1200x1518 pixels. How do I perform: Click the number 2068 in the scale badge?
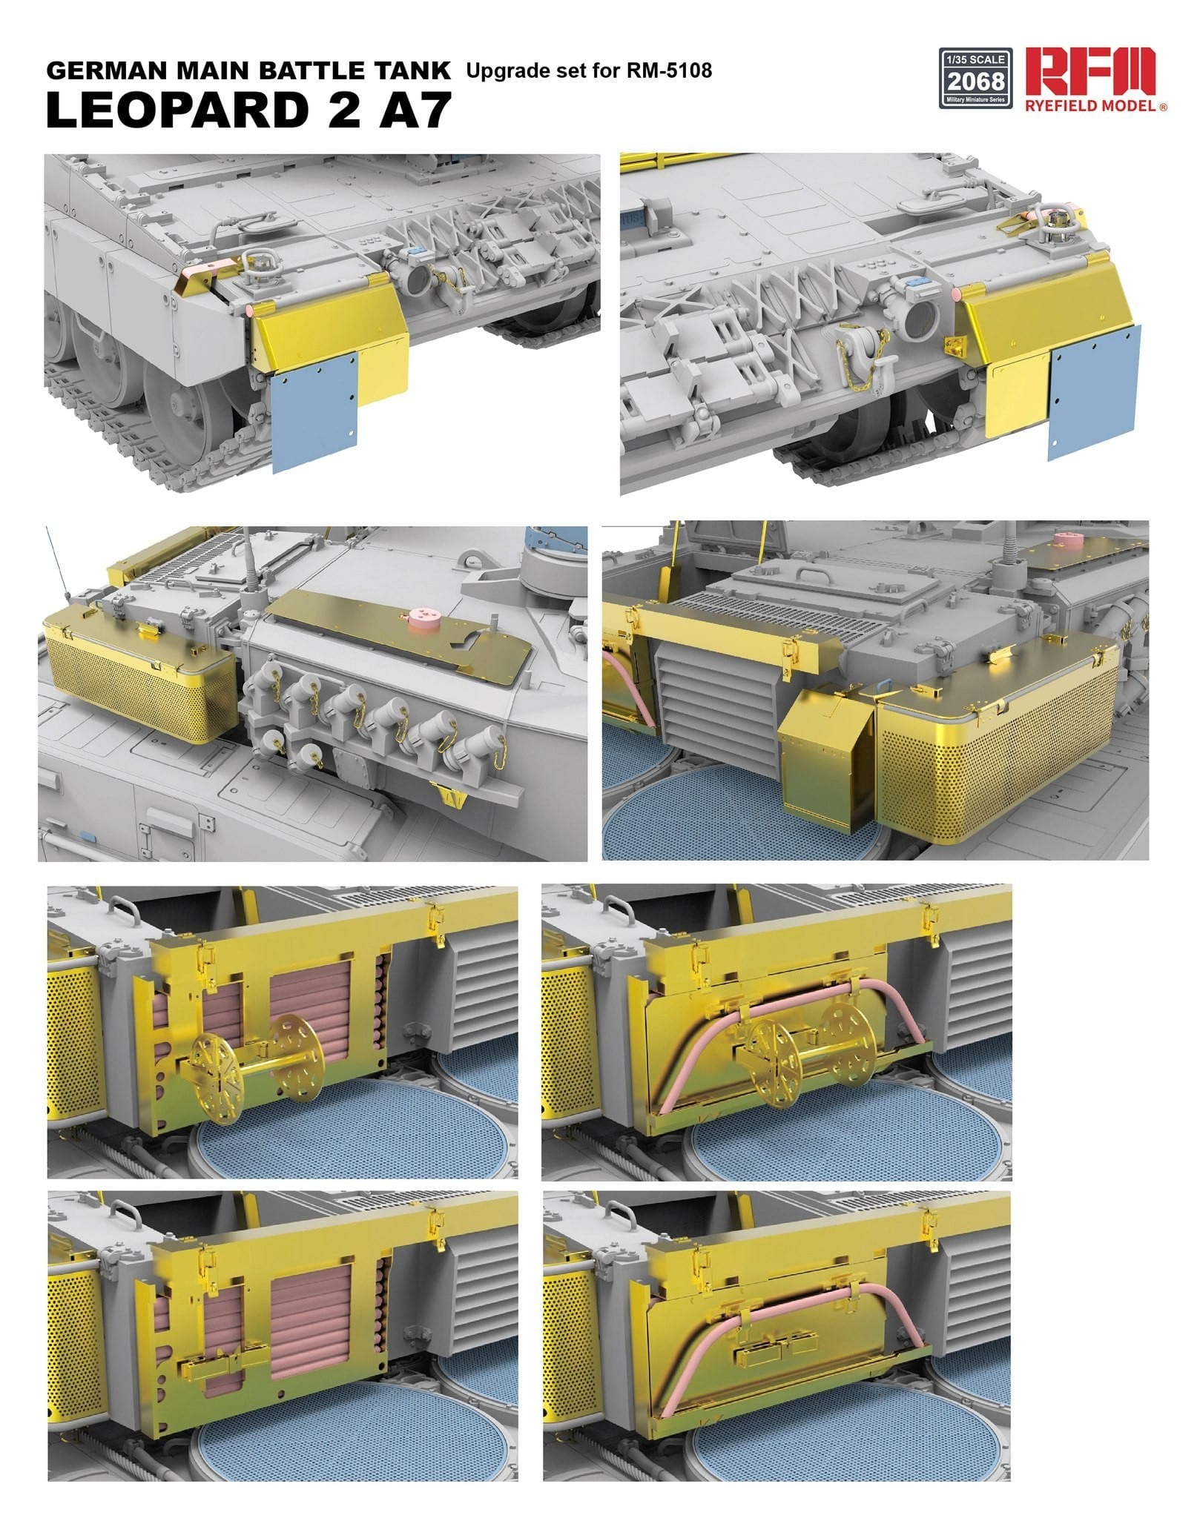click(975, 81)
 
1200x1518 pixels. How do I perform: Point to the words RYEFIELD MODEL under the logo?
click(1089, 106)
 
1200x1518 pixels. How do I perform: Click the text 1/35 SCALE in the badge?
click(975, 59)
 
